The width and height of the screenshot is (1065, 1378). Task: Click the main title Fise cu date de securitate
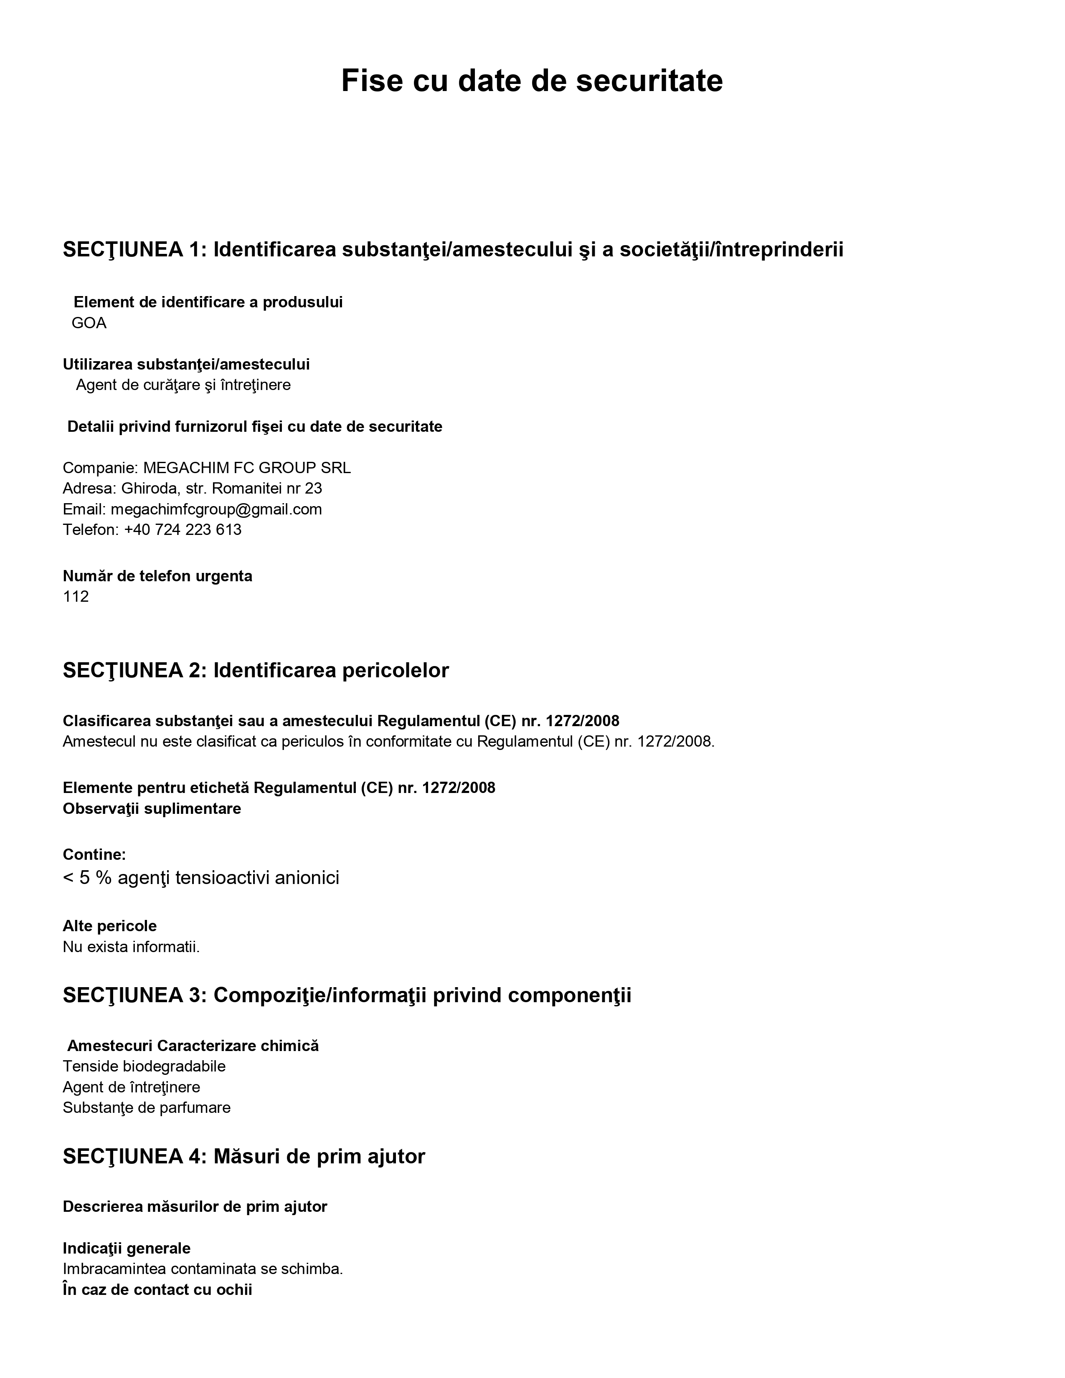531,81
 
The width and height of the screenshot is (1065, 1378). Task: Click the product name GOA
89,324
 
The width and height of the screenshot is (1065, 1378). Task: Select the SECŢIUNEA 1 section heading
452,250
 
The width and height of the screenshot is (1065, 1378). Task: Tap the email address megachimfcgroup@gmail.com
216,509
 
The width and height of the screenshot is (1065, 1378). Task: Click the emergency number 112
76,597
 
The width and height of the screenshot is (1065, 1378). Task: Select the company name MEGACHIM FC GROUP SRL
247,468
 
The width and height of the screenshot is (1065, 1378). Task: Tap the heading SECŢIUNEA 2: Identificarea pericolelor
256,670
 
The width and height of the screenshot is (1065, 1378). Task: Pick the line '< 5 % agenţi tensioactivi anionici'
200,878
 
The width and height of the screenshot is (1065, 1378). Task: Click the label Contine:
94,854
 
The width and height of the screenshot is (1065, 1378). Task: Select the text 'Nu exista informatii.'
131,947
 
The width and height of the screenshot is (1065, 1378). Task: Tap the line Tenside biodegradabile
144,1066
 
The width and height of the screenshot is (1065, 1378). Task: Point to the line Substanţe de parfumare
146,1108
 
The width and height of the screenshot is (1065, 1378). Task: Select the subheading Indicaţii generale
126,1248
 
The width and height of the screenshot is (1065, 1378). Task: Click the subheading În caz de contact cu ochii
157,1289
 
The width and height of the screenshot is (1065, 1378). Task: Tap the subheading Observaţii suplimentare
152,809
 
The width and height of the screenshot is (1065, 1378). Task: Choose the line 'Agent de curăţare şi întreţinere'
183,385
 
